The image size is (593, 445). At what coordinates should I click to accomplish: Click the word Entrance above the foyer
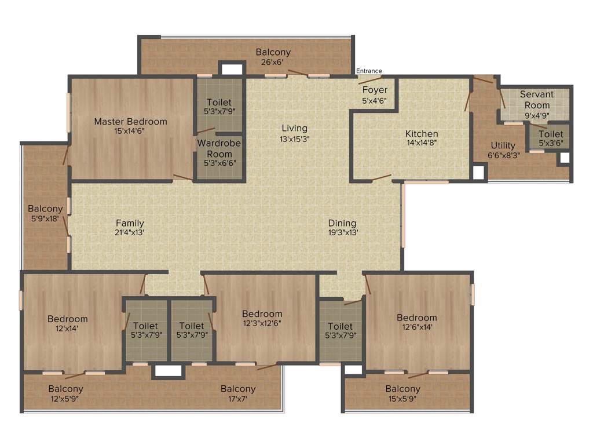click(x=369, y=71)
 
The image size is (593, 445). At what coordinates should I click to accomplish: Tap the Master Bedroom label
click(x=130, y=122)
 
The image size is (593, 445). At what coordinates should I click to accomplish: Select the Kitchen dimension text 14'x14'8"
click(x=422, y=143)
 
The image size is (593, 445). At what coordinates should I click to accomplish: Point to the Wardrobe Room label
click(x=219, y=148)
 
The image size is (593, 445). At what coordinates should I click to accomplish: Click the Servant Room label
click(x=537, y=100)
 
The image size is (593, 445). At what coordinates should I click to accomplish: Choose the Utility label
click(x=503, y=145)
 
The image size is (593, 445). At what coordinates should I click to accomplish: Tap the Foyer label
click(x=375, y=90)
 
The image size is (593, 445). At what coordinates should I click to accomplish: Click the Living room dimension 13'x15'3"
click(x=294, y=139)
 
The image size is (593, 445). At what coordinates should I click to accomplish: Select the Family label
click(x=130, y=223)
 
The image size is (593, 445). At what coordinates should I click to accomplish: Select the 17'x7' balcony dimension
click(x=237, y=398)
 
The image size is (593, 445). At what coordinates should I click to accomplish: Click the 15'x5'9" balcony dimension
click(x=402, y=398)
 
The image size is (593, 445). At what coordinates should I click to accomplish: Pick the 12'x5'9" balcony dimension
click(x=65, y=398)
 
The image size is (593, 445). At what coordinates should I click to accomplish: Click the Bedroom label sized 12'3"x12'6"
click(x=262, y=314)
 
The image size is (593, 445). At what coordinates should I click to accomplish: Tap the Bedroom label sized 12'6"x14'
click(x=416, y=318)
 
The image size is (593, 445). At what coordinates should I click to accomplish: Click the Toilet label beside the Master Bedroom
click(x=219, y=103)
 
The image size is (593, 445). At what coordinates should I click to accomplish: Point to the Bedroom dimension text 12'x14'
click(x=67, y=328)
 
